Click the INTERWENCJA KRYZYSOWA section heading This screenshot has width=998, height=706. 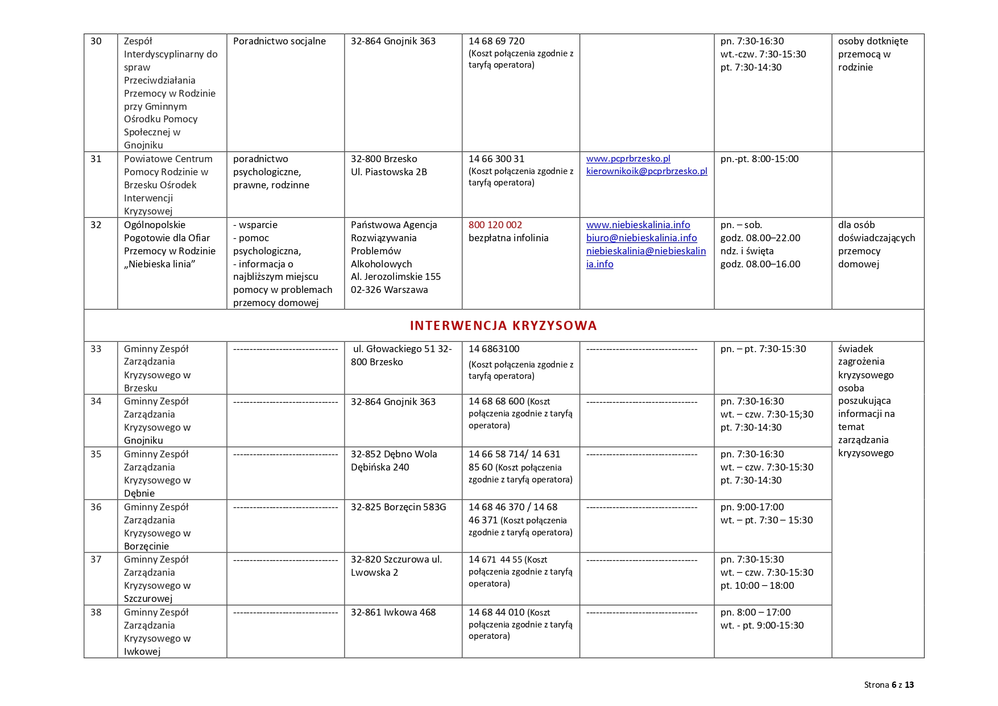point(503,326)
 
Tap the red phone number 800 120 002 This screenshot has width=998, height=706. point(495,225)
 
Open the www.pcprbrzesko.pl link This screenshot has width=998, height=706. point(628,159)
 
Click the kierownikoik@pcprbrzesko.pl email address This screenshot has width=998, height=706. point(647,171)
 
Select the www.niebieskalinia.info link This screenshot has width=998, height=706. point(638,225)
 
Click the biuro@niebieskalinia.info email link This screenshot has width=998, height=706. point(641,238)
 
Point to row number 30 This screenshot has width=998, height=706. point(96,42)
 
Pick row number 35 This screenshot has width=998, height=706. point(96,454)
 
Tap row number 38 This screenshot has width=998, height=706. point(96,612)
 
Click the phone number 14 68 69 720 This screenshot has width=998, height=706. point(496,42)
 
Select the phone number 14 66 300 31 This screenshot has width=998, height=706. point(496,159)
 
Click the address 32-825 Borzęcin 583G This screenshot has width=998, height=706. point(398,507)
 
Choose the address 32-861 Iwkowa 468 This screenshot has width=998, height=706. point(393,612)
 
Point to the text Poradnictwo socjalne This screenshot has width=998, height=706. point(279,42)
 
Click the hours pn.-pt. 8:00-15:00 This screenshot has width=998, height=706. point(759,159)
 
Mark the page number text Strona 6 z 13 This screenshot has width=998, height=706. point(889,685)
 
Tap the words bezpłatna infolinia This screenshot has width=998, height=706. point(508,238)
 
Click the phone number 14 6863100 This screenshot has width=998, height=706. point(494,349)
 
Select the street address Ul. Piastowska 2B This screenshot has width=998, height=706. point(388,172)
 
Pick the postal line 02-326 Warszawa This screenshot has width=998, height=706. point(389,290)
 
